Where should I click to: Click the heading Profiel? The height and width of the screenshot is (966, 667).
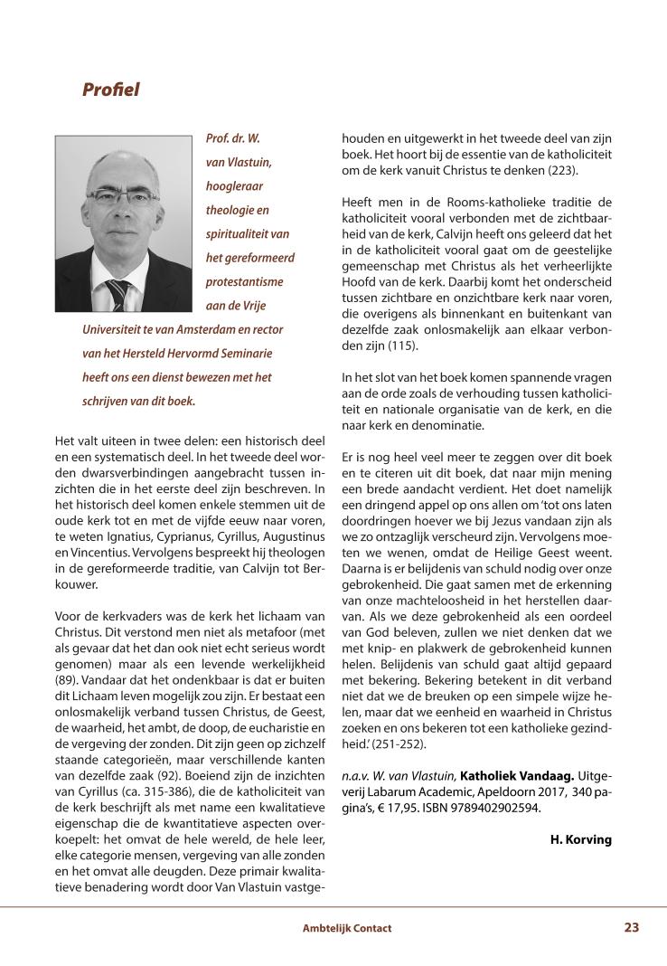point(111,90)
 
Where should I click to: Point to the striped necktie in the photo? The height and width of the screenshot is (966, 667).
point(118,295)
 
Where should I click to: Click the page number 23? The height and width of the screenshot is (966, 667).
point(632,927)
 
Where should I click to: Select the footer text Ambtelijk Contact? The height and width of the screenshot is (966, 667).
point(347,928)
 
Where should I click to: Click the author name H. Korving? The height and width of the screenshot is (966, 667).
point(580,839)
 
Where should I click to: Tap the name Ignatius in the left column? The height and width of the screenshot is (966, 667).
point(121,524)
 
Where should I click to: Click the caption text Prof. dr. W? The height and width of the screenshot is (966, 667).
point(234,139)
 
